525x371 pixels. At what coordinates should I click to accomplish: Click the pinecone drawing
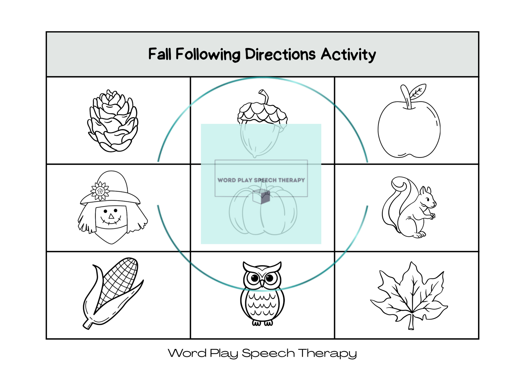113,121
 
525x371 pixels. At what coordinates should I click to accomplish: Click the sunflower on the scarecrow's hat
100,191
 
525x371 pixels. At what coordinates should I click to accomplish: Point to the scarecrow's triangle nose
111,216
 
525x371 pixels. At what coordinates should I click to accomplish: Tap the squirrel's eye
427,199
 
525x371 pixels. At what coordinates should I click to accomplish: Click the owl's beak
262,283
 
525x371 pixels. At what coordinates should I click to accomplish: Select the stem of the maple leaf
411,322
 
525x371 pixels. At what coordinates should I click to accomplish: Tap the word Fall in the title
160,54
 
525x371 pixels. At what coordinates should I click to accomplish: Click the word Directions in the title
280,54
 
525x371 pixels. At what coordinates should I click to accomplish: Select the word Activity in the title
348,55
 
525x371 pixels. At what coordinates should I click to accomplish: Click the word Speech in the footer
268,353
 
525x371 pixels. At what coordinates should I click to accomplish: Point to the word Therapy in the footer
328,353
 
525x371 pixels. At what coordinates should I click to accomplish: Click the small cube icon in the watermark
261,196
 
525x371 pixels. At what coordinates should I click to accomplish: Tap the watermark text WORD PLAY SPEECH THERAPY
261,180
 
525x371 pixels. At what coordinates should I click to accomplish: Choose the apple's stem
406,97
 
